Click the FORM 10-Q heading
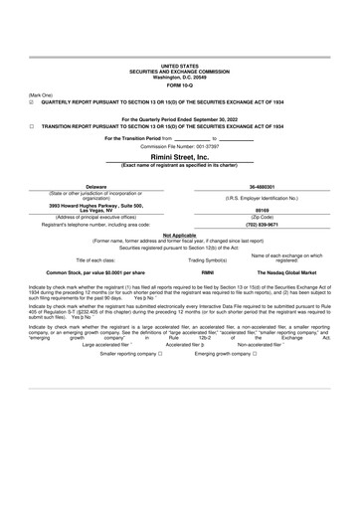point(180,82)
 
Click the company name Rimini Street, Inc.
point(180,156)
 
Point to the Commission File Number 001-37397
point(180,146)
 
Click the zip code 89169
point(263,210)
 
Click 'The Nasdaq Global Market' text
point(287,271)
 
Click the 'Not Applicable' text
point(179,235)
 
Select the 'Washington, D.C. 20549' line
point(180,74)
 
